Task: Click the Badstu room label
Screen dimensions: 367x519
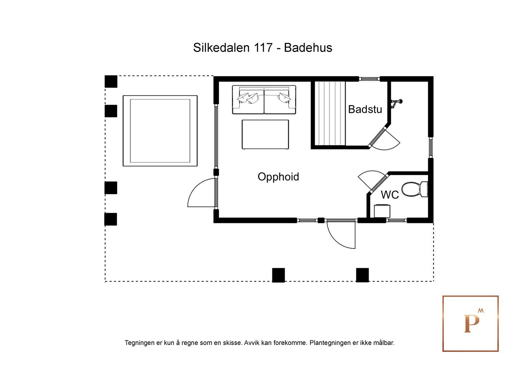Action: [x=365, y=109]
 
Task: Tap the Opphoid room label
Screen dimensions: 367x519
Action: [x=278, y=177]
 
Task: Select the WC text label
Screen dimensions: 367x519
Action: [x=390, y=195]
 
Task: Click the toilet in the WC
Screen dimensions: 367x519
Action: [x=414, y=189]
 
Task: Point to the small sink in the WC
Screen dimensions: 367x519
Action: [x=382, y=211]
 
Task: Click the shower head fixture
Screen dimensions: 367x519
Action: [x=396, y=103]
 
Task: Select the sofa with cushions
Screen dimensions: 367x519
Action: [x=264, y=100]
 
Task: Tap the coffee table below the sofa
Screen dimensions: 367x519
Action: [x=265, y=134]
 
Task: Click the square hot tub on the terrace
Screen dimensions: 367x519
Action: [x=160, y=131]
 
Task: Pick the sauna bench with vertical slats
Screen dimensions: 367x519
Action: [x=330, y=113]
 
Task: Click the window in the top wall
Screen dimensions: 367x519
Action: [x=369, y=79]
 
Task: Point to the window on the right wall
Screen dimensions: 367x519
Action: [x=431, y=147]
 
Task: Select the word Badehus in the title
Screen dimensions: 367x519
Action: [x=308, y=48]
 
